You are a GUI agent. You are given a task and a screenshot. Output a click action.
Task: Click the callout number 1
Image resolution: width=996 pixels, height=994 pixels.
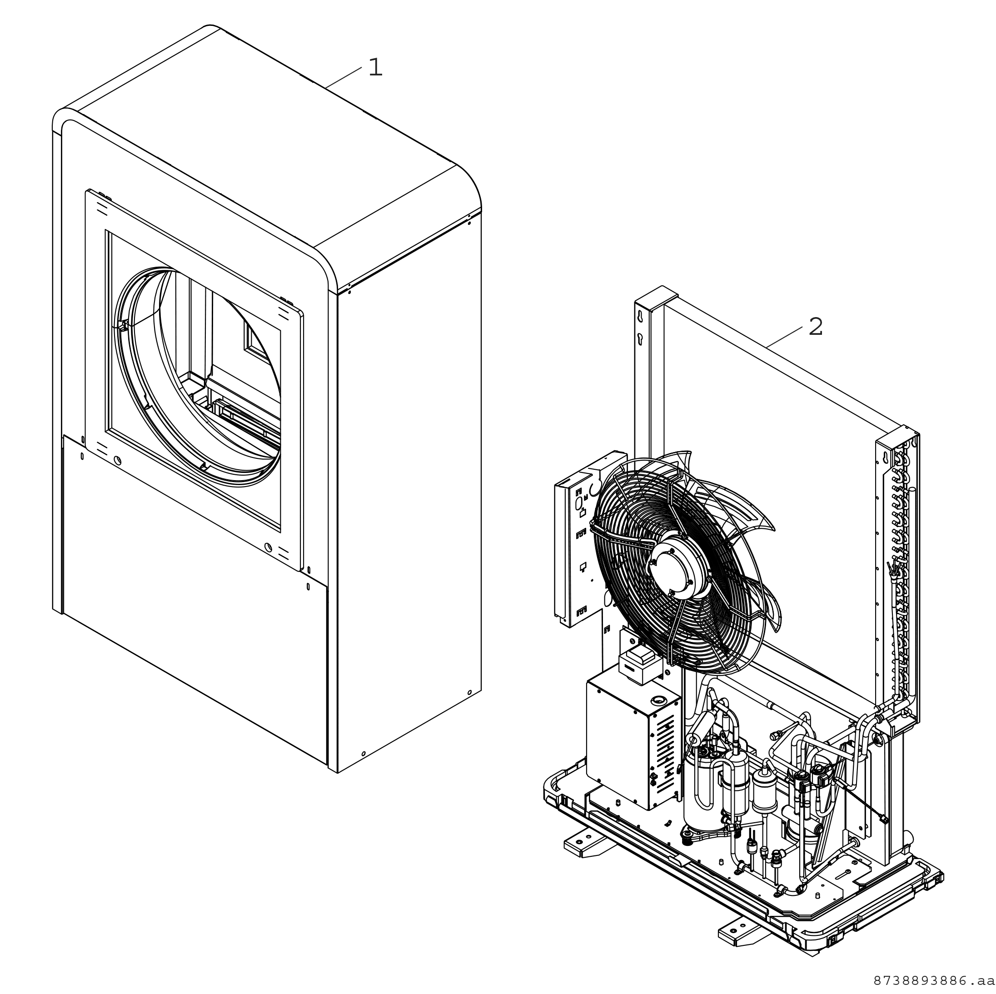[x=375, y=68]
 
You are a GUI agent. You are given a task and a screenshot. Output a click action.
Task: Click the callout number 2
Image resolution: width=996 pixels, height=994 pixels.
[x=816, y=327]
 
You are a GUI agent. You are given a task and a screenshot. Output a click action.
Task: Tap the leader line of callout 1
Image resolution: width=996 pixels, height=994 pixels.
[x=344, y=77]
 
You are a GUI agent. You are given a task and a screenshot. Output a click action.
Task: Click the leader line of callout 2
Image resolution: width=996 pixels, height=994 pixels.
[x=784, y=337]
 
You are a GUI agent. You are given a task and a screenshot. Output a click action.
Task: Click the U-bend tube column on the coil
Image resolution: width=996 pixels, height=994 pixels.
[x=900, y=577]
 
